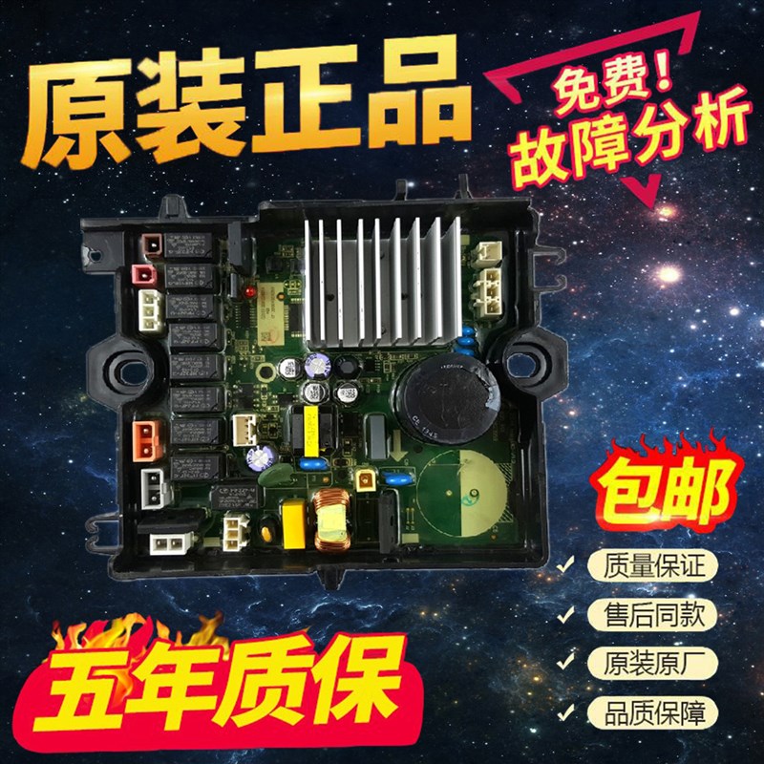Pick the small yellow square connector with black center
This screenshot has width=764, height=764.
[366, 483]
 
